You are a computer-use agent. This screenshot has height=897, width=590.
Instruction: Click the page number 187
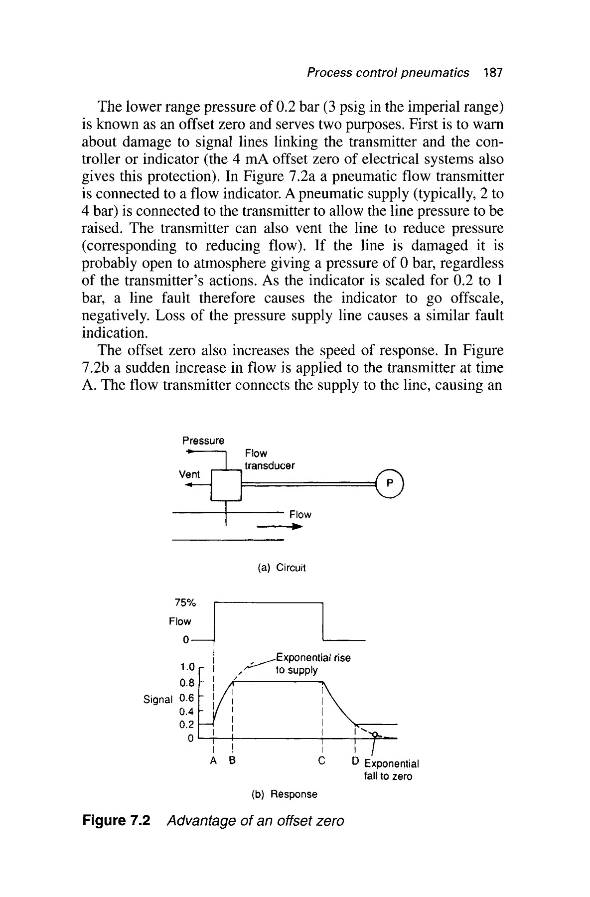point(493,73)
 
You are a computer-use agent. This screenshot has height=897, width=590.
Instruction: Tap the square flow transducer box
point(227,485)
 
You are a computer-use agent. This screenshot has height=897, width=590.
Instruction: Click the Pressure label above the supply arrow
point(203,441)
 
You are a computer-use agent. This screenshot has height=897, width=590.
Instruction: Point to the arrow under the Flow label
point(280,527)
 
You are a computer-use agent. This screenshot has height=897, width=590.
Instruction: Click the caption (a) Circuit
point(281,568)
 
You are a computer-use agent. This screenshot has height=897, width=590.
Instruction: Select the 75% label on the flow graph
point(186,602)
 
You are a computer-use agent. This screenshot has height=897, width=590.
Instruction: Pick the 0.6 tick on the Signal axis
point(186,698)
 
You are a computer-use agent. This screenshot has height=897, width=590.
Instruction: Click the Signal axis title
point(157,699)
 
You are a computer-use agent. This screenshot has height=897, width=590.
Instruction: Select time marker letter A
point(214,761)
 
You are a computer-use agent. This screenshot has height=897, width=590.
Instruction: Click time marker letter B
point(232,761)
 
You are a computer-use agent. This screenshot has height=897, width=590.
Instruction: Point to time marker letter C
point(322,761)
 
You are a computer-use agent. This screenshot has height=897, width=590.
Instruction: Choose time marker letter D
point(355,761)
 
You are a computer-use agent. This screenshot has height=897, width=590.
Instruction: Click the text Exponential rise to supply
point(312,664)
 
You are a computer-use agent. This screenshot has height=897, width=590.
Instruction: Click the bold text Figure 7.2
point(116,821)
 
